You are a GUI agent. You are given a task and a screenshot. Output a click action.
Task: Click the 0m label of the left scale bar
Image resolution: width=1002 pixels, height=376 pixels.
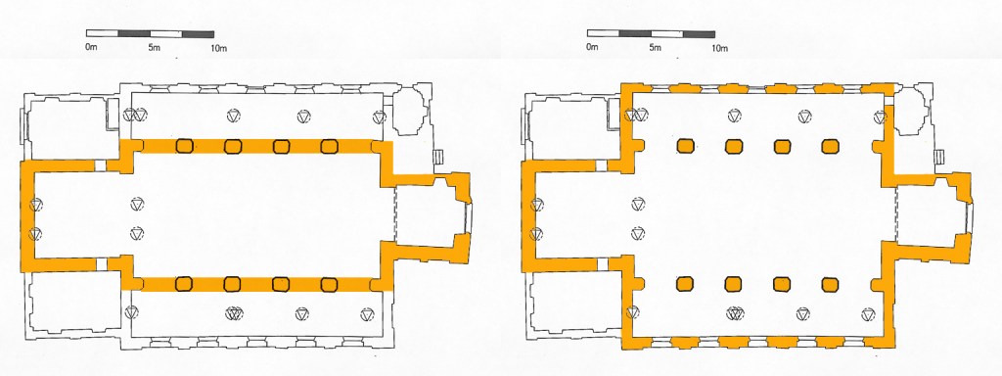(x=91, y=48)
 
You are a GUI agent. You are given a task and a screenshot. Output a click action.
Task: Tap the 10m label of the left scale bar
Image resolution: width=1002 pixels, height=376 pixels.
(x=219, y=48)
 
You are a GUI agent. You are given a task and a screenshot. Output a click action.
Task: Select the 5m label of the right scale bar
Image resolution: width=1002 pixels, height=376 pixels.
(x=655, y=48)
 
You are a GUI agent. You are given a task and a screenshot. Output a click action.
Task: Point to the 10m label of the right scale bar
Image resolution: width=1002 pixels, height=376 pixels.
(x=720, y=48)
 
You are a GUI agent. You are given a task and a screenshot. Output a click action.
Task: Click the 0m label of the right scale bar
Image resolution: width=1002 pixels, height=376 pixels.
(x=592, y=48)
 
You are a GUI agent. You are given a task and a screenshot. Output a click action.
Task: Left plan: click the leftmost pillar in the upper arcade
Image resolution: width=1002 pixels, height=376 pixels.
(x=184, y=146)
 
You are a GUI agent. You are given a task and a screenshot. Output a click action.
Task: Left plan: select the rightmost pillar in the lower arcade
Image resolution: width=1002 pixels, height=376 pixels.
(x=329, y=284)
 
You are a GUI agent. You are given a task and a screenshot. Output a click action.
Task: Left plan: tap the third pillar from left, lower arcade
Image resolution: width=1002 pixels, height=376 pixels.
(x=281, y=284)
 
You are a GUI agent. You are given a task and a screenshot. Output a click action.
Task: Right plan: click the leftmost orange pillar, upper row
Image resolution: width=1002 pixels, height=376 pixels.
(x=686, y=147)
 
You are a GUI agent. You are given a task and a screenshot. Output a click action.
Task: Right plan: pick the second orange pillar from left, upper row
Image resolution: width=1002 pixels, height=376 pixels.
(x=734, y=147)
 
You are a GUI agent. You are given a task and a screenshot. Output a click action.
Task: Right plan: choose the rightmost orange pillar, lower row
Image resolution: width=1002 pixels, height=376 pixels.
(x=830, y=284)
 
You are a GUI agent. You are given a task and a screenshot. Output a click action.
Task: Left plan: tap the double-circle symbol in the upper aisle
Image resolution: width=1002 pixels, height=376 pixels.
(x=135, y=116)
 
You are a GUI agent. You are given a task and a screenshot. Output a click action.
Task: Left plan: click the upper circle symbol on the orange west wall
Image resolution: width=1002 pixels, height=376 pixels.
(x=36, y=204)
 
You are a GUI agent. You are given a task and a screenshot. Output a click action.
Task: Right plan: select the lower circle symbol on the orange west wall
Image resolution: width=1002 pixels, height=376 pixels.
(x=537, y=234)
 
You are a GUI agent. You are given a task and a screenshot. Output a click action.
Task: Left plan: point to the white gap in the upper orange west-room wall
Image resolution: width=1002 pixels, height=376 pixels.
(x=100, y=165)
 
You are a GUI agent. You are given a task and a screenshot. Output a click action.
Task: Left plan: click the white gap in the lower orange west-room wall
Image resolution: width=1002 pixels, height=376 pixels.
(x=101, y=263)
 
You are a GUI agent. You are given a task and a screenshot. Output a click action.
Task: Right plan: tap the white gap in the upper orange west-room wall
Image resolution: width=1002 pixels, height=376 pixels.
(x=601, y=165)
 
